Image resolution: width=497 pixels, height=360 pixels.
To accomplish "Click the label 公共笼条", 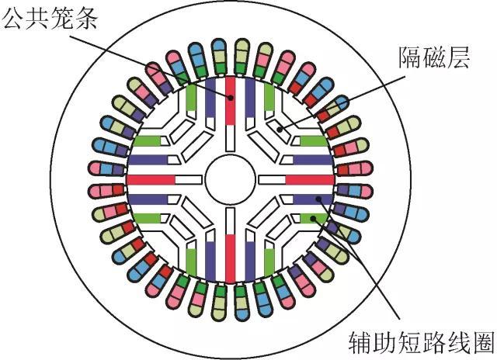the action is click(50, 18).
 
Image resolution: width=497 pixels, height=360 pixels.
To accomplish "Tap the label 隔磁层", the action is click(433, 57).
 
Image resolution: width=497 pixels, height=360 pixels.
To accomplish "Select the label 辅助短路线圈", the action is click(422, 343).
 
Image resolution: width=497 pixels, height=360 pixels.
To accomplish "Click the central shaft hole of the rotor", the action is click(231, 179).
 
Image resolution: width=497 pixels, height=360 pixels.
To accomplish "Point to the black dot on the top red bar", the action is click(231, 98).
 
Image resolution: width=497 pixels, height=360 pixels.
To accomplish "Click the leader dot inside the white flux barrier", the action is click(280, 130).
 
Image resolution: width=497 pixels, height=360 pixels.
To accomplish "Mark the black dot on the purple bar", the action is click(319, 199).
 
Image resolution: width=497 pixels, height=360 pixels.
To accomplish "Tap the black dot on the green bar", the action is click(313, 219).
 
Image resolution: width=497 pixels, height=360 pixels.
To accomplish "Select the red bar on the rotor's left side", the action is click(151, 179).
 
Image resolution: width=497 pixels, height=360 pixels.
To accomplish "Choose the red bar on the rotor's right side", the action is click(310, 179).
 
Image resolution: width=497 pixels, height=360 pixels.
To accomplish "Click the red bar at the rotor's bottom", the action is click(231, 258).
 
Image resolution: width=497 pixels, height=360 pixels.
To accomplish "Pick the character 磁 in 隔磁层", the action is click(433, 57).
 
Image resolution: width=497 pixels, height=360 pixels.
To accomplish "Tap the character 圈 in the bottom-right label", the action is click(483, 343).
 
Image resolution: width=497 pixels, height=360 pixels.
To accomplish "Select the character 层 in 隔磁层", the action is click(457, 57).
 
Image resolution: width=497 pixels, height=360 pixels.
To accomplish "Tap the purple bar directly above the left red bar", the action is click(148, 160).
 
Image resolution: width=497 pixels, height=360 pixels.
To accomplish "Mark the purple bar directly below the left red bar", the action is click(148, 199).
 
